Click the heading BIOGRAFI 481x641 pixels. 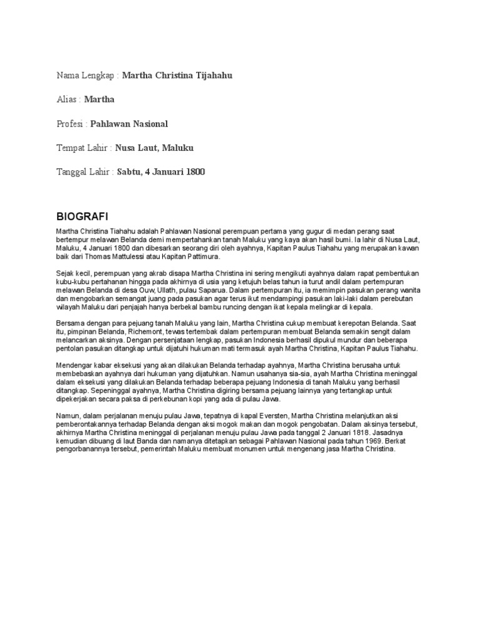82,217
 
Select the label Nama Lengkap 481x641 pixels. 85,76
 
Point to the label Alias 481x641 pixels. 67,100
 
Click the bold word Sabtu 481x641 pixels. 130,172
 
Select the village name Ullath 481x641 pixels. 164,291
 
